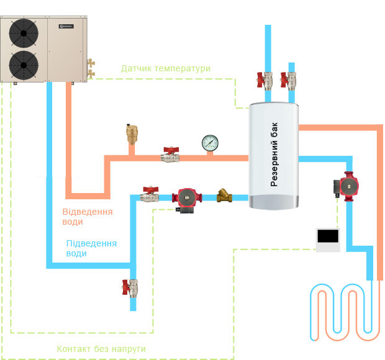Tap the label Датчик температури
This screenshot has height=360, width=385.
click(x=165, y=68)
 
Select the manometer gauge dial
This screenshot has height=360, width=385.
click(x=209, y=143)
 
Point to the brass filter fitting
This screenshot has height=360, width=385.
click(x=225, y=198)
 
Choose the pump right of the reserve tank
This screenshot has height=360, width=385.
click(x=348, y=185)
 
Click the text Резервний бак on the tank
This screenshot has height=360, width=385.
click(x=274, y=155)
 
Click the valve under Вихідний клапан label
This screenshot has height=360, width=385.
click(x=289, y=79)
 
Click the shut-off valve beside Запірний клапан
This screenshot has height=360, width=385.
click(x=131, y=287)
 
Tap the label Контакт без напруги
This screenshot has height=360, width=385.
click(x=101, y=349)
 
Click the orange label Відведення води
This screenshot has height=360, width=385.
click(x=88, y=216)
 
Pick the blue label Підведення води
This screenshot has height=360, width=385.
click(x=91, y=248)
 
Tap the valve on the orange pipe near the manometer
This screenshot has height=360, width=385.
click(x=171, y=154)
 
